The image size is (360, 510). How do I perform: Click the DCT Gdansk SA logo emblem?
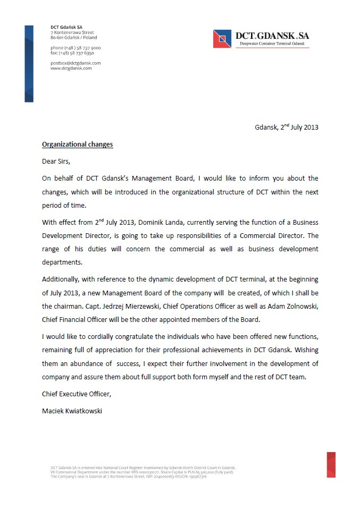223,39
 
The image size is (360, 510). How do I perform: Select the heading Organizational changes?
78,144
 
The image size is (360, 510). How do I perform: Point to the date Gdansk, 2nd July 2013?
286,127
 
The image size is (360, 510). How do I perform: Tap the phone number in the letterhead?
76,48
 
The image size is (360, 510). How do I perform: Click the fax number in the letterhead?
72,53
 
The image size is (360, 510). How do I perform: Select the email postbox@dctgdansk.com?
76,63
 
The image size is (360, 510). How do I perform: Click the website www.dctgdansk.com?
71,68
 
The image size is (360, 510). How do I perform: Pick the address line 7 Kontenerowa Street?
72,32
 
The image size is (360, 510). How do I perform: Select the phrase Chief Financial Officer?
79,319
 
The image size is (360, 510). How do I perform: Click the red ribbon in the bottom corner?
331,465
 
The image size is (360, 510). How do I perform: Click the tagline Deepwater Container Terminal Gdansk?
272,44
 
